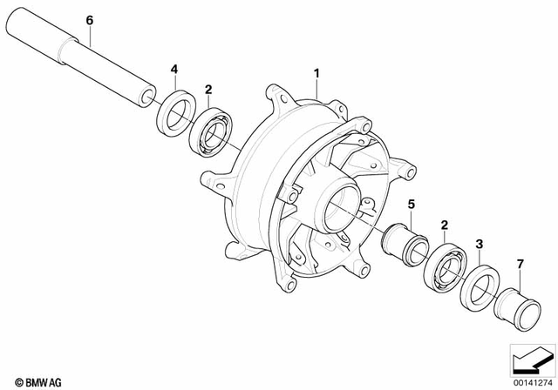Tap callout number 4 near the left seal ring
(x=174, y=69)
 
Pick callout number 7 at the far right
(x=520, y=264)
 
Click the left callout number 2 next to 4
(x=208, y=89)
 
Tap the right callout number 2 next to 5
(x=444, y=225)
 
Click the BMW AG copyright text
(x=34, y=381)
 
